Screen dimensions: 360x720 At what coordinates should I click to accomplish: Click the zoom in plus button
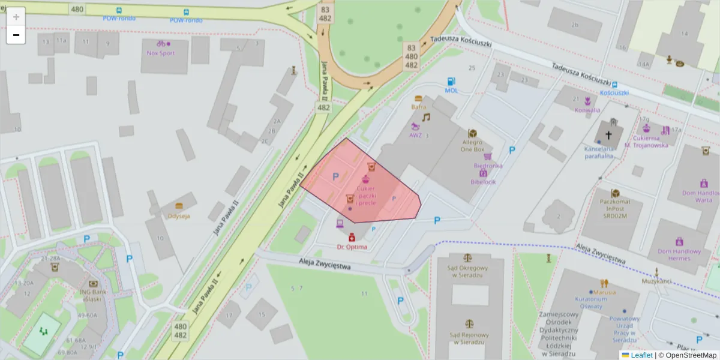point(16,17)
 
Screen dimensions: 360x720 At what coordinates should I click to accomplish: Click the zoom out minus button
point(16,35)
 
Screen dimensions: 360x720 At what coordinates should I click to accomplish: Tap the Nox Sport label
point(160,53)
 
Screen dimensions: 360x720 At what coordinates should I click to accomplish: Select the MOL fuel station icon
point(451,82)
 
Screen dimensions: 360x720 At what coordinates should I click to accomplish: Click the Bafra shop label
point(418,107)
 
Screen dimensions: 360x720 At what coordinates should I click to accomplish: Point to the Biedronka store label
point(488,165)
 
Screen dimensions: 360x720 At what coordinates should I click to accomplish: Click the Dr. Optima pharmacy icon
point(352,238)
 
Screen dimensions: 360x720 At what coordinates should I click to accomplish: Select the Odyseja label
point(179,215)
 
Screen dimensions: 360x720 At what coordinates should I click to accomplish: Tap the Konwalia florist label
point(587,110)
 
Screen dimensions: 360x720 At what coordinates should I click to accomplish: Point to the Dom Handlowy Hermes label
point(679,255)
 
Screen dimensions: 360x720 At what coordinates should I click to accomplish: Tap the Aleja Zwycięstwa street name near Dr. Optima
point(324,264)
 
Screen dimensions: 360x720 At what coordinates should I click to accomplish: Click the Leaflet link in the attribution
point(641,355)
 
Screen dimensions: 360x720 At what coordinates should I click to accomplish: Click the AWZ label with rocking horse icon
point(416,135)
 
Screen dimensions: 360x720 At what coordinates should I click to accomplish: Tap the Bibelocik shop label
point(483,181)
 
